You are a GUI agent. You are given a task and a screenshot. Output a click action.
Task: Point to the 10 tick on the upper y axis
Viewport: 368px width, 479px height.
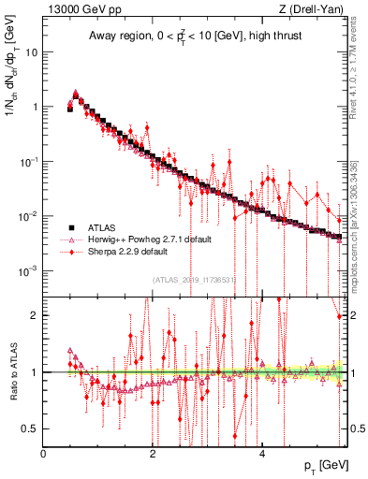[x=33, y=52]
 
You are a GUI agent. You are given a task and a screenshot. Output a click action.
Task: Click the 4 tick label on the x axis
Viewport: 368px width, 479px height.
[x=261, y=454]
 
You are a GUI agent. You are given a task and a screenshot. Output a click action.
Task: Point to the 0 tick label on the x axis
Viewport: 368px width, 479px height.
[x=44, y=454]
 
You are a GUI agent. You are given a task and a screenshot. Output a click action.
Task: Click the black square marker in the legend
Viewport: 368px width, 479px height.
[x=69, y=227]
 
